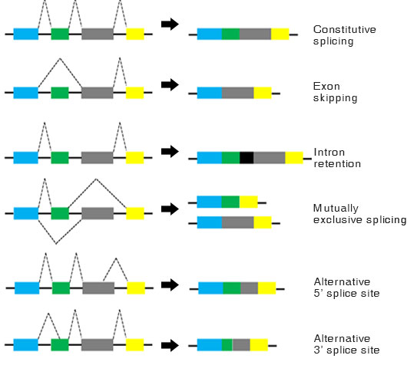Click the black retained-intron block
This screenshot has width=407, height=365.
tap(247, 158)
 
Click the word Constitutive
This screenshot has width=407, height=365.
tap(345, 30)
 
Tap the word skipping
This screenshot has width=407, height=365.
tap(335, 98)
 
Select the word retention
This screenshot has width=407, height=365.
tap(337, 164)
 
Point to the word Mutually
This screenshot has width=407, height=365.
tap(336, 208)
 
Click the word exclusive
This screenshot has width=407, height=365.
tap(338, 220)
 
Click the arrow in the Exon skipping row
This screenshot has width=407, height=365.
tap(170, 84)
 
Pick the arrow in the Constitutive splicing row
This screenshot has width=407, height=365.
tap(170, 24)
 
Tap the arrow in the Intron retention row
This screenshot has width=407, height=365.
tap(170, 151)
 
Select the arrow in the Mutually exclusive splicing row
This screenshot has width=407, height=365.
tap(170, 209)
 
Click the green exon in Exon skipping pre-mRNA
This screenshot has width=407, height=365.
tap(60, 93)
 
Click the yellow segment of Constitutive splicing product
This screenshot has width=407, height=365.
tap(280, 34)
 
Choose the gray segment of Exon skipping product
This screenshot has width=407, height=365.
tap(238, 93)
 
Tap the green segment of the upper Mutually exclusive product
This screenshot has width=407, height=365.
tap(230, 202)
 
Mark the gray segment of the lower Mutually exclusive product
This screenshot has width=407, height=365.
tap(238, 222)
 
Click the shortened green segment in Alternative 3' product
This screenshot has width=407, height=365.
tap(227, 345)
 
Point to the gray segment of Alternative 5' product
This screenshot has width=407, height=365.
tap(250, 288)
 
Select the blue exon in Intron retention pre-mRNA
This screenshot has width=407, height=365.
tap(25, 158)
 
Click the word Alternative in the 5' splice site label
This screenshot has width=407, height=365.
tap(342, 281)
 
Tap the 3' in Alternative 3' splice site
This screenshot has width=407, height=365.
tap(318, 350)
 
